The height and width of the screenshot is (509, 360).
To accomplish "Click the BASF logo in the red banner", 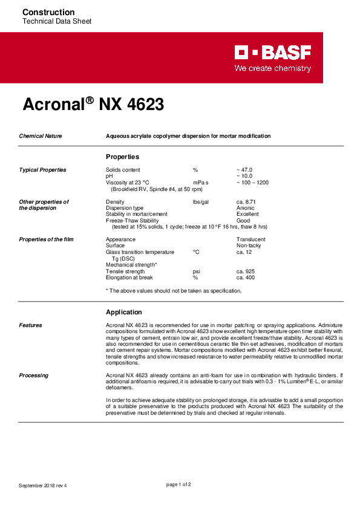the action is (x=273, y=53).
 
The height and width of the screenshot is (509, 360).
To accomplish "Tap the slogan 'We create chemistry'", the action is (x=273, y=68).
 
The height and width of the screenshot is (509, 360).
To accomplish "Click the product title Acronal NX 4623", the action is (x=93, y=104).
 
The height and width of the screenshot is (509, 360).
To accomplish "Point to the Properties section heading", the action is (x=123, y=157).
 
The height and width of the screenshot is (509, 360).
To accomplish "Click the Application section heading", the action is (x=124, y=312).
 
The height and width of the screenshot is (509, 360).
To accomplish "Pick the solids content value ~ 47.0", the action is (x=244, y=170).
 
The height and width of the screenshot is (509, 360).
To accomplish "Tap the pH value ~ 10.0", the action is (x=244, y=176).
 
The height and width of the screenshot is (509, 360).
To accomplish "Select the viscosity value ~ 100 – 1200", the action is (x=252, y=182).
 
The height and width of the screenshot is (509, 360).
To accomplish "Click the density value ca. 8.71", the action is (x=247, y=201).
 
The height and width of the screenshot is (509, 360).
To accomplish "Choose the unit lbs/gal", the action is (x=201, y=201).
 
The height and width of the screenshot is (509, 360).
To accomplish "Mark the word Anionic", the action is (x=246, y=208).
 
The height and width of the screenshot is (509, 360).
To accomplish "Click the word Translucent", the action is (x=251, y=239).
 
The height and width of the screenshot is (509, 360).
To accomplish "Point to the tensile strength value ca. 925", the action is (x=246, y=271).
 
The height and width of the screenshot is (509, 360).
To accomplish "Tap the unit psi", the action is (x=196, y=271).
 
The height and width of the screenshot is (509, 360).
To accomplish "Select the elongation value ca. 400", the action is (x=246, y=277).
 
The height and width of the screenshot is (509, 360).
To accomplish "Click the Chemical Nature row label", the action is (x=41, y=136).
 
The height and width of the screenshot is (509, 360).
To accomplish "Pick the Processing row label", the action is (x=34, y=375).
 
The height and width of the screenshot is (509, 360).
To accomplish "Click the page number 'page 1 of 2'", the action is (x=178, y=484).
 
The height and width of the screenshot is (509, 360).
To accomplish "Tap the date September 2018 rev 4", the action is (x=43, y=485).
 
